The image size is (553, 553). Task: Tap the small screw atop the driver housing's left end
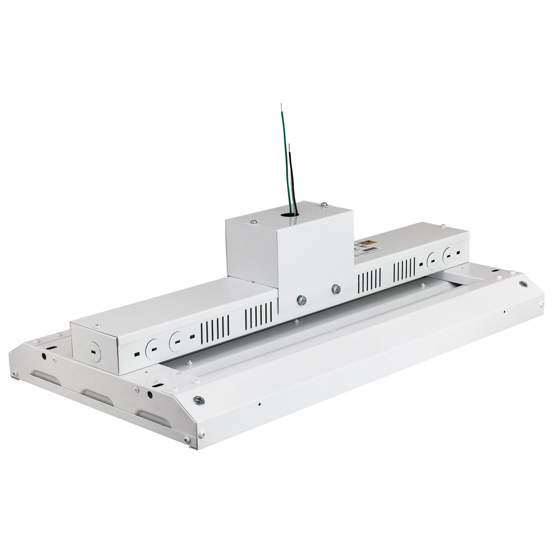pyautogui.click(x=97, y=326)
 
